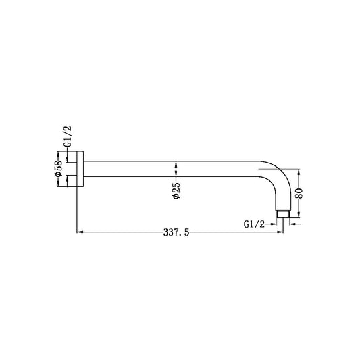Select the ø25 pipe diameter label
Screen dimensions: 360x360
point(176,190)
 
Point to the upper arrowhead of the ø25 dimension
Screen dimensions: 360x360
point(176,163)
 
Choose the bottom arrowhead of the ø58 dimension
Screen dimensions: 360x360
point(68,182)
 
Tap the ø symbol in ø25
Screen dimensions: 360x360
point(176,199)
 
